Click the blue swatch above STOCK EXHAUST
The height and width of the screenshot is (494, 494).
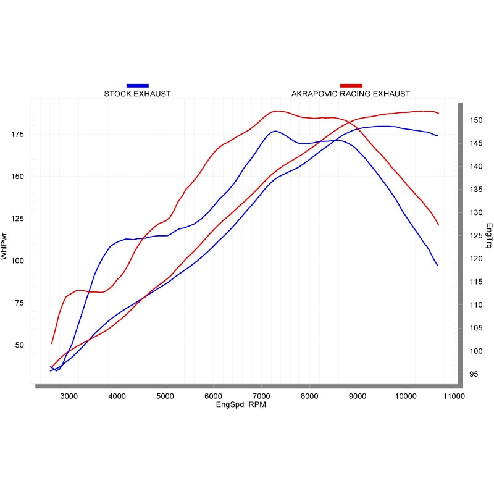[137, 85]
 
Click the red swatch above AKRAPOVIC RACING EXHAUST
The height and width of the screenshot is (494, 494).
[351, 85]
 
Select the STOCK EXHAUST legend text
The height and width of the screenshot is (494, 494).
[137, 94]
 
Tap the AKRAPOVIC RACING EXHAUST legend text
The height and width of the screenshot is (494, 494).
[350, 94]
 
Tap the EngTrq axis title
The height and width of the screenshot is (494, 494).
[489, 236]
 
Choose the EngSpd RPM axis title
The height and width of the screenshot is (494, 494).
[241, 406]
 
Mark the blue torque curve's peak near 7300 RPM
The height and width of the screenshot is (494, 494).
[275, 131]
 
